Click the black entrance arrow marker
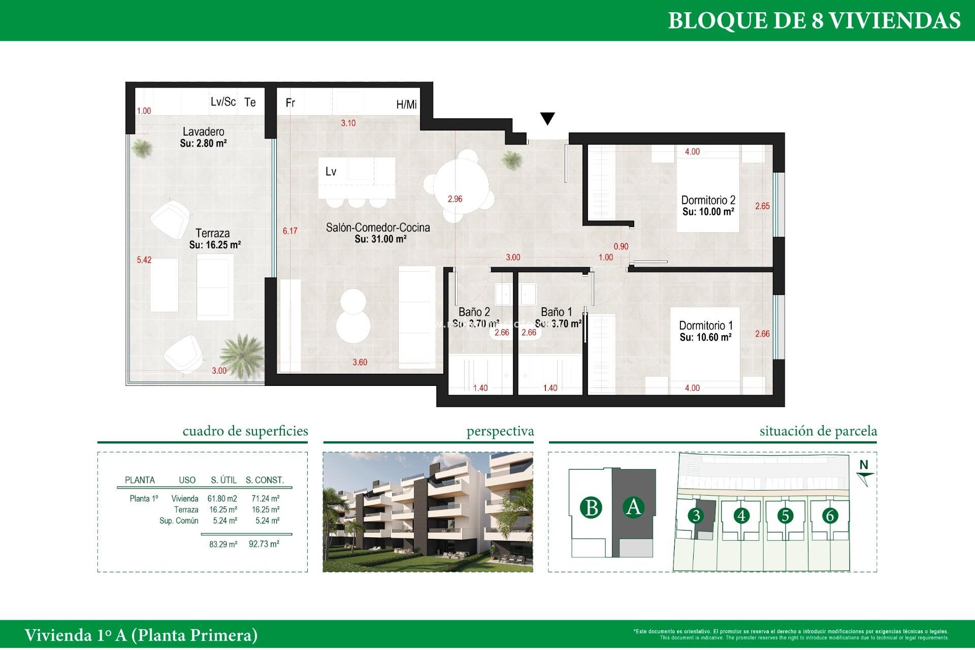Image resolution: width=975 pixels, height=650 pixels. click(x=547, y=118)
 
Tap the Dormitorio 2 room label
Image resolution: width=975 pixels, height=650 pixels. click(x=708, y=201)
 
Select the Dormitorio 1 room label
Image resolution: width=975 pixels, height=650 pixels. click(x=705, y=326)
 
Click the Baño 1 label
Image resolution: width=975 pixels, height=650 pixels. click(x=556, y=312)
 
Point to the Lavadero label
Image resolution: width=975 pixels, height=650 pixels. click(x=203, y=132)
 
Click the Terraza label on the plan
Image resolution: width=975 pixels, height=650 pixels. click(x=212, y=234)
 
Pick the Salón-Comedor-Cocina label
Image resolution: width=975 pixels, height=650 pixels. click(x=378, y=228)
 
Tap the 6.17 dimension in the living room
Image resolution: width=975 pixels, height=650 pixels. click(x=290, y=231)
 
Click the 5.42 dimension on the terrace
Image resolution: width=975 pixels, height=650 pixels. click(x=144, y=260)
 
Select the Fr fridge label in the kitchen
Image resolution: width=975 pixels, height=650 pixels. click(x=290, y=103)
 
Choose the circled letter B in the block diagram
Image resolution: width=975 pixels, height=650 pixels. click(x=591, y=508)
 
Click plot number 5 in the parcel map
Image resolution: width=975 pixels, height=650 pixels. click(x=785, y=516)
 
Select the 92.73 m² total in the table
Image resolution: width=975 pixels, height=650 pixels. click(x=264, y=544)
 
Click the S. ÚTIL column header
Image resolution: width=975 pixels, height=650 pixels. click(x=223, y=480)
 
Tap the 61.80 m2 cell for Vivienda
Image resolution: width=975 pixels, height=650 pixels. click(x=222, y=499)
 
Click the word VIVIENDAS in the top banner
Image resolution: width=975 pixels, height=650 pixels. click(x=894, y=21)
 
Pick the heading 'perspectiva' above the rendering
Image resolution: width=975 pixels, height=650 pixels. click(x=500, y=432)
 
